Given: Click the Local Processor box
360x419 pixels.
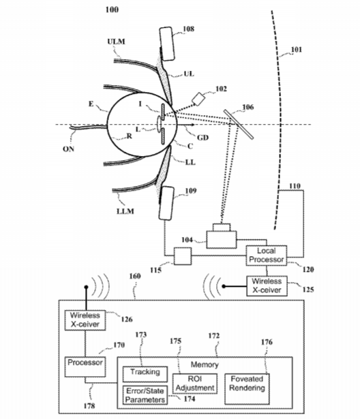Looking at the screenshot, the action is coord(267,255).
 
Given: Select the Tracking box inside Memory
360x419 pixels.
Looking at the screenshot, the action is coord(145,374).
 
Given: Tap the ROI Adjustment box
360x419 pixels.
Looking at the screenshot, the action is coord(195,384).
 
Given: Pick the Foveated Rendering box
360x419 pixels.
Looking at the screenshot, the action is coord(247,389).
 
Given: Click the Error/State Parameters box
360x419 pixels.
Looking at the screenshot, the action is coord(145,395).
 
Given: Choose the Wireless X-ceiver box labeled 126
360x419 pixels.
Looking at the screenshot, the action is coord(85,320).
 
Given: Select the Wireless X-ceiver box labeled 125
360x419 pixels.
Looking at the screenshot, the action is coord(267,286).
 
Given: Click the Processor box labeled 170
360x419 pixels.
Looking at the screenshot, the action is coord(85,367).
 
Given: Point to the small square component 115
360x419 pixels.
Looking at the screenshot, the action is coord(183,256).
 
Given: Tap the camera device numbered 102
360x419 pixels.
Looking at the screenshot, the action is coord(198,99).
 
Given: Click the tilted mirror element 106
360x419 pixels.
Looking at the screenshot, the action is coord(239,124).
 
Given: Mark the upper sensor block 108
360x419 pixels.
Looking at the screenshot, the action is coord(167,44).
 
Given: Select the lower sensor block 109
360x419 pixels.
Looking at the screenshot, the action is coord(166,203).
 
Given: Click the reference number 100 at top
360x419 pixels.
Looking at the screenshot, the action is coord(112,10).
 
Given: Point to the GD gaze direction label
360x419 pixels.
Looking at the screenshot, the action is coord(202,138).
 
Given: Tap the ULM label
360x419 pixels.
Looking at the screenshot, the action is coord(116,42).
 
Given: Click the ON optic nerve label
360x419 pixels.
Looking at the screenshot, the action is coord(68,149).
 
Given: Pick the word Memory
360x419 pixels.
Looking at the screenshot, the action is coord(205,364).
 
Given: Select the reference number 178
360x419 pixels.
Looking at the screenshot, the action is coord(89,406).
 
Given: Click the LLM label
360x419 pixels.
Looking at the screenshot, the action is coord(125,211).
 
